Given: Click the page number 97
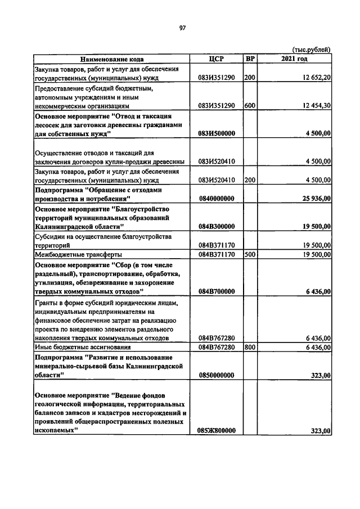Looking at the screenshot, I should coord(182,28).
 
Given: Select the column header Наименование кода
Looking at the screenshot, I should coord(111,58).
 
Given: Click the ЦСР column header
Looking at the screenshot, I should coord(216,58).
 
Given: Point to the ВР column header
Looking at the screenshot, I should coord(250,58).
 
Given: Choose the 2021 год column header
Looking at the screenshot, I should coord(294,58).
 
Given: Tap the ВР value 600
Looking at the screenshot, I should coord(250,105).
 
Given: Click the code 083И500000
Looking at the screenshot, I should coord(217,133).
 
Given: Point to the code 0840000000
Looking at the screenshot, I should coord(217,199).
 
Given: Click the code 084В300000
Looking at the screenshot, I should coord(217,226).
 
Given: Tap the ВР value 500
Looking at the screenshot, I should coord(250,254).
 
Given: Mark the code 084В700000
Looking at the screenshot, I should coord(217,291).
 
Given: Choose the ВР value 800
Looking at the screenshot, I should coord(250,347).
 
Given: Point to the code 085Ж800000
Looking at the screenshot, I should coord(217,431).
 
